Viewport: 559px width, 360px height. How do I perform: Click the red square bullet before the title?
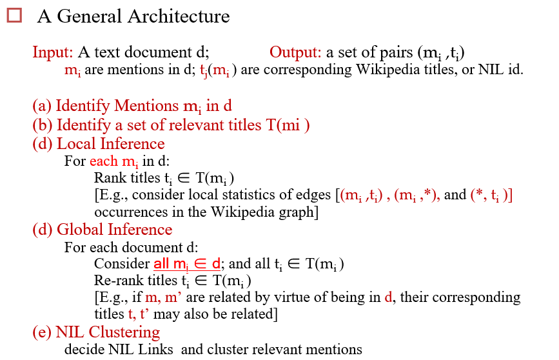pos(14,15)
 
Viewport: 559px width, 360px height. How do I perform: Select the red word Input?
pos(51,52)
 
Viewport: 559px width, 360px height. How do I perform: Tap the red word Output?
pos(295,52)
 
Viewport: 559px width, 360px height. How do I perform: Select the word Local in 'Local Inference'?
pos(75,143)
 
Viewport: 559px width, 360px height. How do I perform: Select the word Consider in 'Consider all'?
pos(121,264)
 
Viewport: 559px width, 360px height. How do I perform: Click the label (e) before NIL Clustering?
pos(43,333)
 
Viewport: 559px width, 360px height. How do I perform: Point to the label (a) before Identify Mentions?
pos(43,105)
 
